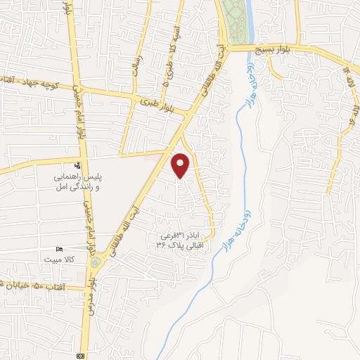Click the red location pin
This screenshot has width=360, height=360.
181,166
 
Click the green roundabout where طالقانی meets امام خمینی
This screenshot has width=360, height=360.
95,262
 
